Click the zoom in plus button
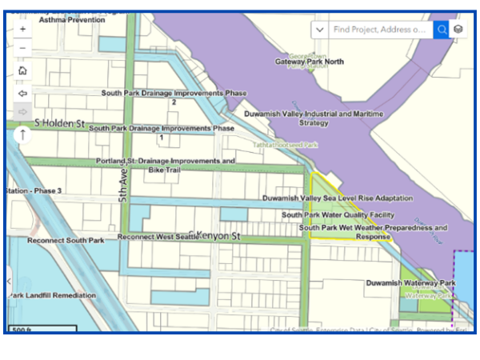pos(22,29)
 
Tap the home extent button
pos(22,70)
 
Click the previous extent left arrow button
pos(22,93)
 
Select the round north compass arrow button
pos(22,134)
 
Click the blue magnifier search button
pos(441,30)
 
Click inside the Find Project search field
pos(379,30)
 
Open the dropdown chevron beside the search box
pos(320,30)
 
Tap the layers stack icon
pos(458,30)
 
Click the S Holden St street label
pos(59,123)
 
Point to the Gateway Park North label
pos(310,62)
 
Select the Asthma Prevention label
pos(72,19)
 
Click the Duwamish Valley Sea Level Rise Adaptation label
pos(338,198)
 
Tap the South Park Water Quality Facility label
pos(338,214)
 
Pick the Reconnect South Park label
pos(66,240)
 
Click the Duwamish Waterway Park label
pos(410,283)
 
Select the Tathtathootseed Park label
pos(286,146)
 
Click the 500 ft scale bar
pos(42,329)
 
